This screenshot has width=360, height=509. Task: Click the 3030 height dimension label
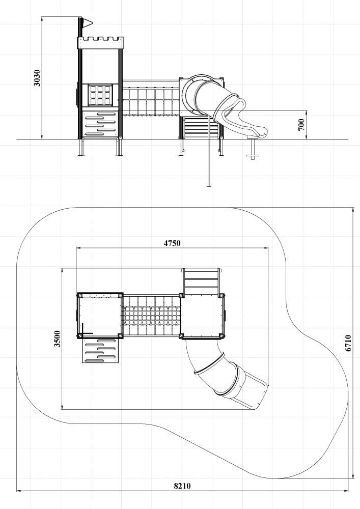pos(37,78)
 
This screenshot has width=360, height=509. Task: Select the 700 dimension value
pos(301,125)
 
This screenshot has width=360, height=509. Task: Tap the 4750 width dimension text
pos(172,243)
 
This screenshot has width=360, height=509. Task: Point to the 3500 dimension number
pos(57,338)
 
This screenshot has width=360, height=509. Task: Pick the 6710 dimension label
pos(348,343)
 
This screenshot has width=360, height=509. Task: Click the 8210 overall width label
pos(182,486)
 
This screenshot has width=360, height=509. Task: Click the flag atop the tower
pos(87,22)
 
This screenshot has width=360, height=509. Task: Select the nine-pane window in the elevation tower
pos(101,95)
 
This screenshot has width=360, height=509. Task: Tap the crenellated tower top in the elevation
pos(100,43)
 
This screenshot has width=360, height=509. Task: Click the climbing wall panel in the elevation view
pos(100,124)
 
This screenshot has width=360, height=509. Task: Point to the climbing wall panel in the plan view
pos(100,351)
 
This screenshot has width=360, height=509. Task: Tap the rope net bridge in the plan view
pos(152,316)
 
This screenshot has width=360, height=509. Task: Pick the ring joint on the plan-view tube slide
pos(209,363)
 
